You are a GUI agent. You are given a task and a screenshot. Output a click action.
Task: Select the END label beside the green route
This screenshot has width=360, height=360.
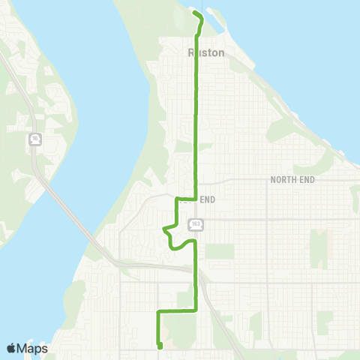click(x=208, y=199)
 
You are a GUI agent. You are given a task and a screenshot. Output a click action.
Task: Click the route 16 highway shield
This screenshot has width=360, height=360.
click(x=34, y=139)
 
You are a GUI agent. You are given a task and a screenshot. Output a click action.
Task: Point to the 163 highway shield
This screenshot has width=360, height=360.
click(x=196, y=223)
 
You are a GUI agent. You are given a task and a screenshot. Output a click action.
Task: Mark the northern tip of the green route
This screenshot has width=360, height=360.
click(x=195, y=13)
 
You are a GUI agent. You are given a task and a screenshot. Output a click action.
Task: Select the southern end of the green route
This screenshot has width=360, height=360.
click(x=160, y=346)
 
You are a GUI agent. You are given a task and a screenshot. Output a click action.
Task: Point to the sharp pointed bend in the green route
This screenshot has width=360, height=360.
click(x=164, y=229)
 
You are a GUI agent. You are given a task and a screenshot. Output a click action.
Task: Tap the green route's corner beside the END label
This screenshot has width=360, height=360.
click(x=177, y=200)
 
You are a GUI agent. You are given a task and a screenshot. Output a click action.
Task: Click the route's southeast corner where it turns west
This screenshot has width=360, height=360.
click(x=196, y=309)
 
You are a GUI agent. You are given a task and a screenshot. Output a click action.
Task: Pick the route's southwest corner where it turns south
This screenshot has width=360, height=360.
click(x=157, y=310)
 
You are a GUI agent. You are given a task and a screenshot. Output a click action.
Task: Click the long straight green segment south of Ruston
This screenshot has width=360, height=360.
click(x=196, y=120)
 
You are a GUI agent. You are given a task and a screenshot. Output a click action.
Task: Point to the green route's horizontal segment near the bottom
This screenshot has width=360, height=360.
click(x=177, y=309)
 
